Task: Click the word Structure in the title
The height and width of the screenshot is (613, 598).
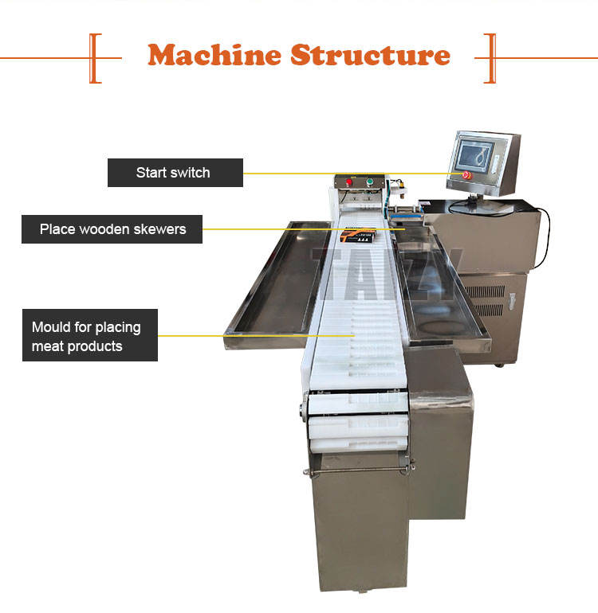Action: click(370, 55)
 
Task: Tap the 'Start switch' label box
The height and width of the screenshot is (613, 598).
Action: click(175, 172)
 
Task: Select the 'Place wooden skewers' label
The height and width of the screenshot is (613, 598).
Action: click(112, 229)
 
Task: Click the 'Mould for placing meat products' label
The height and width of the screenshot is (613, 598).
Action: click(89, 336)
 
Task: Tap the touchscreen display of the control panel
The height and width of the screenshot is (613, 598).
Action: click(478, 156)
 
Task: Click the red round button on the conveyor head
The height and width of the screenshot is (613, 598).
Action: click(348, 182)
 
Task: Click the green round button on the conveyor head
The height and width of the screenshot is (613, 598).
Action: click(369, 182)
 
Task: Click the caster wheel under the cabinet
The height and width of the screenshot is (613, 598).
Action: click(498, 364)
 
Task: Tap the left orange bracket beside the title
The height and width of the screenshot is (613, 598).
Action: click(95, 57)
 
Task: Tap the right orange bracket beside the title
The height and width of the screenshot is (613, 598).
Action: click(490, 57)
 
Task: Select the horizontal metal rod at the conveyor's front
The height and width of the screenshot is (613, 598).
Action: click(358, 470)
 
